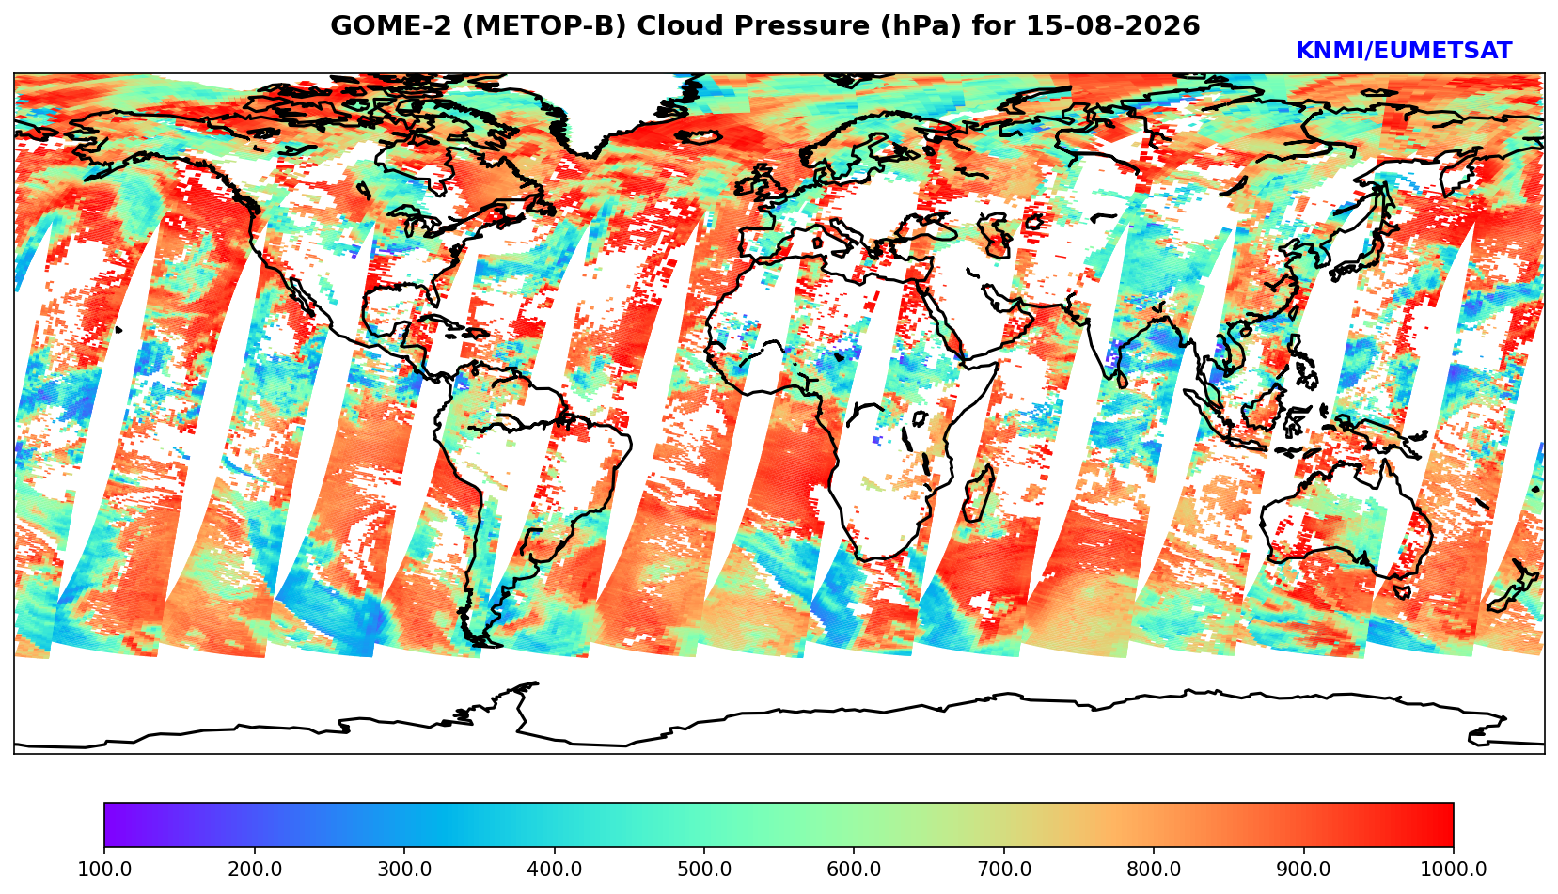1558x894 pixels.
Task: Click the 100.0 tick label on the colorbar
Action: pyautogui.click(x=103, y=869)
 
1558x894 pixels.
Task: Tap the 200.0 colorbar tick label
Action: pyautogui.click(x=254, y=869)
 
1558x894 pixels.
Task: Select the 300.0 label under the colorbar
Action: pyautogui.click(x=404, y=869)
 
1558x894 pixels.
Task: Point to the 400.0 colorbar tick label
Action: pyautogui.click(x=555, y=869)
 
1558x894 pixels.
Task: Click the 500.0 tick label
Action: pyautogui.click(x=704, y=869)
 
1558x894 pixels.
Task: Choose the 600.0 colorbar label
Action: pyautogui.click(x=854, y=869)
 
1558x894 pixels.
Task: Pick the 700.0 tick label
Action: pyautogui.click(x=1003, y=869)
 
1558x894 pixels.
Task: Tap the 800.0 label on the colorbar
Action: pyautogui.click(x=1154, y=869)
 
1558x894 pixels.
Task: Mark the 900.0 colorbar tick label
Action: pyautogui.click(x=1303, y=869)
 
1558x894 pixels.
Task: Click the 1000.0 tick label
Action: pyautogui.click(x=1453, y=869)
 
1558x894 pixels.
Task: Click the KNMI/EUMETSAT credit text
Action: pyautogui.click(x=1404, y=51)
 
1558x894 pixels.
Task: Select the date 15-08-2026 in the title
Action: pyautogui.click(x=1113, y=25)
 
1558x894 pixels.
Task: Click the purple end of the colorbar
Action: pyautogui.click(x=115, y=824)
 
